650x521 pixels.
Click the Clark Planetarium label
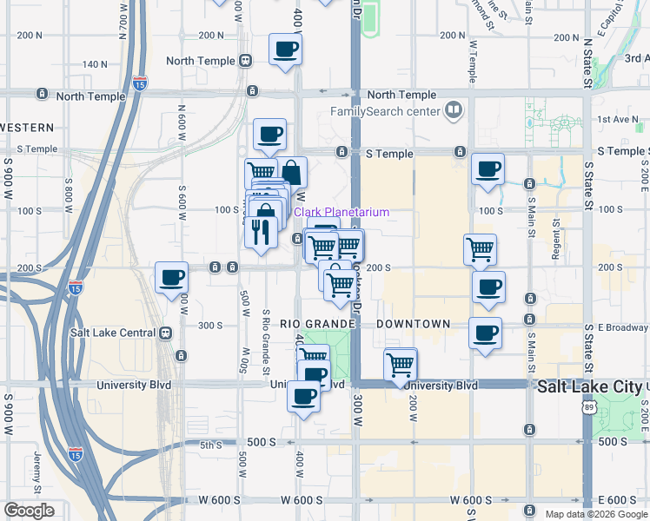pos(342,213)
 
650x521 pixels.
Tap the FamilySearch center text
pos(385,111)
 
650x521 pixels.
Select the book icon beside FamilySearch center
pos(453,110)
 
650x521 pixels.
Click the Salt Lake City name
pos(590,386)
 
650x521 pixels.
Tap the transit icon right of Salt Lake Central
pos(165,333)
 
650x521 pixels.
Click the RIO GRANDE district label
pos(319,324)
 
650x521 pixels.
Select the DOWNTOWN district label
pos(414,324)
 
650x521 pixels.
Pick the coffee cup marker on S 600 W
pos(171,278)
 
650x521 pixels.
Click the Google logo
pos(29,511)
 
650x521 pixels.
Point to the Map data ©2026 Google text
pos(595,514)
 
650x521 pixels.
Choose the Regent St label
pos(553,231)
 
